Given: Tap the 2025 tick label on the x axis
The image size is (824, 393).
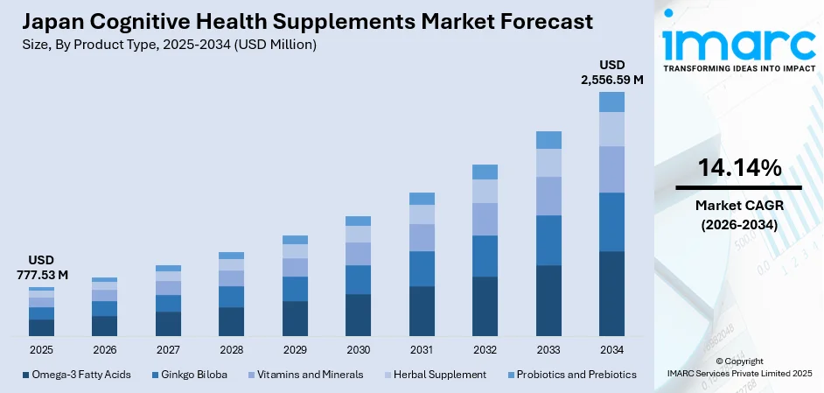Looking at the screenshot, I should tap(41, 349).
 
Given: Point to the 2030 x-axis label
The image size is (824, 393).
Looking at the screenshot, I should tap(358, 349).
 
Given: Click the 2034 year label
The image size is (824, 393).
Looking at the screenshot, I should tap(611, 349).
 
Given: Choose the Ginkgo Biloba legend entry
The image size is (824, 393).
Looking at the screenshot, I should tap(189, 375).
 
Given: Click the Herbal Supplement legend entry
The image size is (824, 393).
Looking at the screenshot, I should tap(433, 375).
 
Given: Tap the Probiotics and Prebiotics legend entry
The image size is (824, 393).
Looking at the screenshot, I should tap(573, 375).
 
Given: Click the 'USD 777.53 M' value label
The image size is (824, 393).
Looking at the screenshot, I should tap(41, 268).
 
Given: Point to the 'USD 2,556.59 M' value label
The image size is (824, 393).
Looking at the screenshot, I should tap(611, 73).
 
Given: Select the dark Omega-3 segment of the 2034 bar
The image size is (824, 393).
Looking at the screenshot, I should tap(611, 293).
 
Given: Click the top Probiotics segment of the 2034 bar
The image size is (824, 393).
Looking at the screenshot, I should tap(611, 102).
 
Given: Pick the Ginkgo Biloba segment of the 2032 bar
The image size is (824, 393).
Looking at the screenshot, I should tap(485, 256).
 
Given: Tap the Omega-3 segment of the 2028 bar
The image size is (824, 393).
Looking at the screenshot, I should tap(231, 321).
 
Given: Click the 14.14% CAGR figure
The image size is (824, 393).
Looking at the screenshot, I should tap(738, 169).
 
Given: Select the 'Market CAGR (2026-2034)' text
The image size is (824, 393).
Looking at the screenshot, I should tap(738, 214).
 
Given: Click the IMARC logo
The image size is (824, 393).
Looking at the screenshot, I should tap(738, 44).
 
